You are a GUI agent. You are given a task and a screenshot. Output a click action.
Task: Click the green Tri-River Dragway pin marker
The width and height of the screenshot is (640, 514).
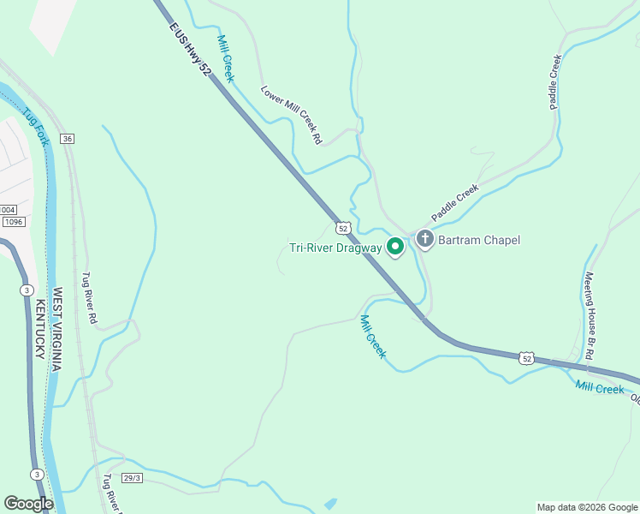tap(395, 247)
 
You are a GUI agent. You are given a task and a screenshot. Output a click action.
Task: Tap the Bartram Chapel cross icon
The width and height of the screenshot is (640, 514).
tap(425, 240)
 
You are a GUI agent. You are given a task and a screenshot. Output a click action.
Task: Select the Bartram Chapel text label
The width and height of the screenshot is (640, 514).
tap(478, 240)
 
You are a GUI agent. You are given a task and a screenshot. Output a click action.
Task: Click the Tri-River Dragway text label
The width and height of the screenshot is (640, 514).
tap(335, 248)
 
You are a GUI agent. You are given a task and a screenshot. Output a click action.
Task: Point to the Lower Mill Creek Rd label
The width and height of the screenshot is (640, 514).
tap(291, 114)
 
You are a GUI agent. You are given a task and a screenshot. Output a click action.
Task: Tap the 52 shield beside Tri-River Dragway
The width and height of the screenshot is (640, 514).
tap(342, 228)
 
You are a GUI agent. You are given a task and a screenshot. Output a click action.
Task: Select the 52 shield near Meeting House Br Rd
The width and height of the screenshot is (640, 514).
tap(527, 357)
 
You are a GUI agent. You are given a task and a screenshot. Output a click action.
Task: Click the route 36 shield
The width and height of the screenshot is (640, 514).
tap(68, 139)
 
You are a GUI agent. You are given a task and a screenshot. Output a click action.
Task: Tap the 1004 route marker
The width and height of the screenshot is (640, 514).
tap(8, 210)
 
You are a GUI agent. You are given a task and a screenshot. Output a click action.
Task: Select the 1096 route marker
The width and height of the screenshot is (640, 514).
tap(13, 222)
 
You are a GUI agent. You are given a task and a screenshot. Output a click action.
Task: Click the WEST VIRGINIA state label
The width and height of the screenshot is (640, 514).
tap(56, 329)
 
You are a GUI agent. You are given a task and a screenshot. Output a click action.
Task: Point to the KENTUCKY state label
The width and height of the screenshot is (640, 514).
tap(39, 328)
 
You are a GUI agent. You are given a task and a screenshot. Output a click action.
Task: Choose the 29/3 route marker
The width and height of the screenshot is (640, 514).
tap(131, 477)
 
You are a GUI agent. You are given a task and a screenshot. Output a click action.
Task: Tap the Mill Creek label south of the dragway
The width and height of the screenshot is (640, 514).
tap(373, 337)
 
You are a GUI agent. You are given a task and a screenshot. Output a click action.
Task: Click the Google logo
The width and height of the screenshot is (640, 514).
tap(28, 503)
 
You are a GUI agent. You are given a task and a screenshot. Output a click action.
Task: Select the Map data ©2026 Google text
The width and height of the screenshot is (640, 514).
tap(586, 507)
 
